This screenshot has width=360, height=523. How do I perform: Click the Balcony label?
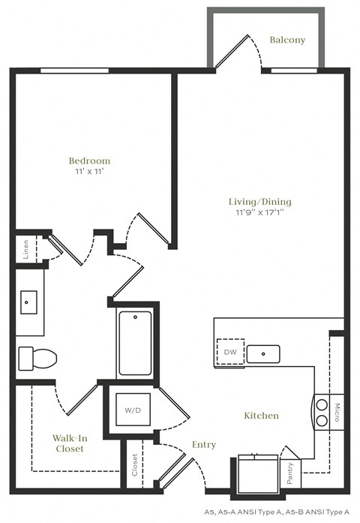pyautogui.click(x=287, y=40)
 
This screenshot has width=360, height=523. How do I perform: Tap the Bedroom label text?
pyautogui.click(x=89, y=161)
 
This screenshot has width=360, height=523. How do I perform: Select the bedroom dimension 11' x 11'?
pyautogui.click(x=89, y=172)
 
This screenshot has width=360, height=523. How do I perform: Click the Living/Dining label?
pyautogui.click(x=259, y=201)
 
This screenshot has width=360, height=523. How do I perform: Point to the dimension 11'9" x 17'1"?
pyautogui.click(x=259, y=212)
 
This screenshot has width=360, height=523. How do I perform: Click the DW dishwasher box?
pyautogui.click(x=231, y=352)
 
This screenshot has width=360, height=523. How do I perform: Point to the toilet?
pyautogui.click(x=37, y=358)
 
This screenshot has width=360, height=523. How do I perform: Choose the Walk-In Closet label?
pyautogui.click(x=67, y=443)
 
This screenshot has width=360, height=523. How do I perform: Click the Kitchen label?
pyautogui.click(x=261, y=415)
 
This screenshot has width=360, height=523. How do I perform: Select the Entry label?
pyautogui.click(x=203, y=444)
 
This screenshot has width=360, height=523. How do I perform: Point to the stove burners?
pyautogui.click(x=322, y=412)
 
